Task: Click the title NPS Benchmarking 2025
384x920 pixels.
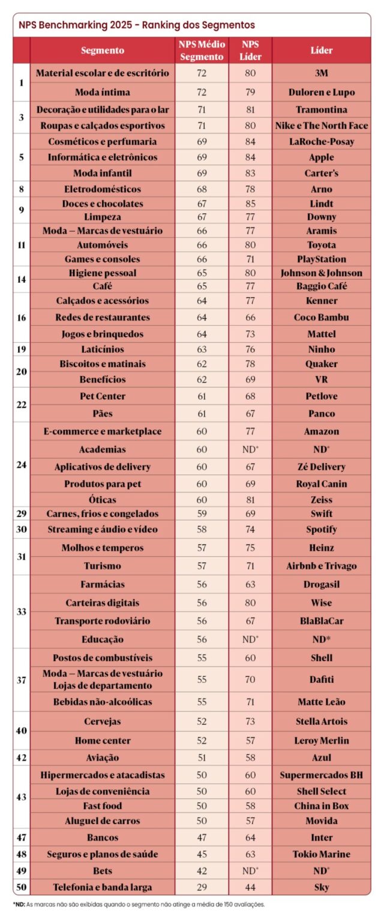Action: pos(136,25)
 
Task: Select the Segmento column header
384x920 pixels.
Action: pos(103,50)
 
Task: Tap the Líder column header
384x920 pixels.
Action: pos(322,50)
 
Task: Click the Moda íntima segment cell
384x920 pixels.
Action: pos(103,92)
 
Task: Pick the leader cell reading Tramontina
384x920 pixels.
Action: pos(322,110)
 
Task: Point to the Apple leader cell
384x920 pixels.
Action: pos(322,157)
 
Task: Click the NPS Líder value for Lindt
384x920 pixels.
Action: pos(250,204)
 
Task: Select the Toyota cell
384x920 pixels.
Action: pos(322,245)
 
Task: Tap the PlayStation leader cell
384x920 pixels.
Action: pos(322,259)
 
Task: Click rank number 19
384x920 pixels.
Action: pos(22,349)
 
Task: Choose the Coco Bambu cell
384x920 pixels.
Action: pos(322,317)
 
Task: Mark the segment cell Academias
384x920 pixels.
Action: pos(103,449)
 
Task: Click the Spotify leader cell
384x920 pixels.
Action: pos(322,529)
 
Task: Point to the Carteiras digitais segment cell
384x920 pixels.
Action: pos(103,603)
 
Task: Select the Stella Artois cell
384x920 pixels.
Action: pos(322,721)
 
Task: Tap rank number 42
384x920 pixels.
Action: pos(22,758)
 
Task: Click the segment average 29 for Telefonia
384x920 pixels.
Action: pos(202,887)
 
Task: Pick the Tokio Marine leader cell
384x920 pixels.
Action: pos(322,854)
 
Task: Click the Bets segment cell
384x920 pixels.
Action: pos(103,870)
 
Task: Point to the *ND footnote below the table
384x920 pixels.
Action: pos(138,904)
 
